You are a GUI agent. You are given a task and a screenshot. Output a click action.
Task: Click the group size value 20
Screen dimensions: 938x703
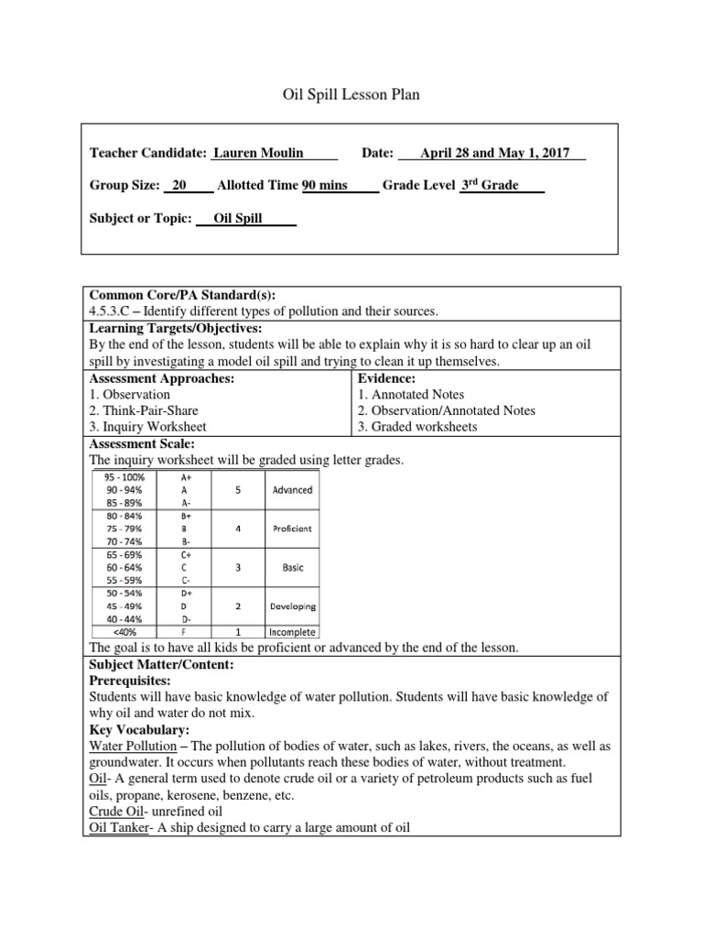[x=179, y=185]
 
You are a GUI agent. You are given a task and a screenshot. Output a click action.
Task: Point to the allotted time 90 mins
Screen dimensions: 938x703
[x=325, y=185]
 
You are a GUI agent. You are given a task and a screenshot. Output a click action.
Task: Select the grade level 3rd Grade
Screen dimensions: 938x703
[x=489, y=185]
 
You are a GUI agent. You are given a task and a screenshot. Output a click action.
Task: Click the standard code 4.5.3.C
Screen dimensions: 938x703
[x=115, y=311]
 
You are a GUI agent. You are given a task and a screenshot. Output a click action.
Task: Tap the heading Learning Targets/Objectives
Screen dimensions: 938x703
[x=175, y=328]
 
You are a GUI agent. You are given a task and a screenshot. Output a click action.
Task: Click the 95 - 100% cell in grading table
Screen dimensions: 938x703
[x=125, y=477]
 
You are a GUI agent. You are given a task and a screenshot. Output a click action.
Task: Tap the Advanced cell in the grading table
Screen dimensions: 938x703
[x=292, y=490]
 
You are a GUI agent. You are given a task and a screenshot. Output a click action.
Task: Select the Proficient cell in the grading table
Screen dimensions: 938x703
[x=292, y=529]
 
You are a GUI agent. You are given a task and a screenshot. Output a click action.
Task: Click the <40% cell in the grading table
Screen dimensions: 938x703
[x=125, y=632]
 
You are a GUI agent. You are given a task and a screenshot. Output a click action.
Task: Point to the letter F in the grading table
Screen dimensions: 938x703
[x=186, y=632]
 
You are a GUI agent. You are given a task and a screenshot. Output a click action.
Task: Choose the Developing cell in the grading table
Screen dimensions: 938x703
[x=292, y=606]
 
